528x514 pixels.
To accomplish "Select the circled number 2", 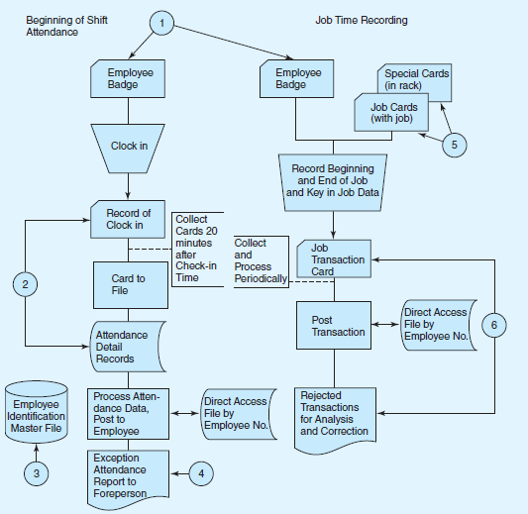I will pos(28,284).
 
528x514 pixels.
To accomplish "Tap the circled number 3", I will pos(37,473).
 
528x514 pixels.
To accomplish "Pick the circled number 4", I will pos(201,473).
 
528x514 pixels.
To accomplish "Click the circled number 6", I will pos(492,324).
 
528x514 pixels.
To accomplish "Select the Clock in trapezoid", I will pos(129,146).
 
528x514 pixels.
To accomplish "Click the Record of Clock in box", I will pos(129,219).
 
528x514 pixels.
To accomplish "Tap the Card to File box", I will pos(129,284).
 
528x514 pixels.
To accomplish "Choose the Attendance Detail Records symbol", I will pos(128,346).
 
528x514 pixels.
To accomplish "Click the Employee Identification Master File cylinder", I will pos(37,409).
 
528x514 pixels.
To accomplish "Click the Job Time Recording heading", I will pos(362,21).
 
